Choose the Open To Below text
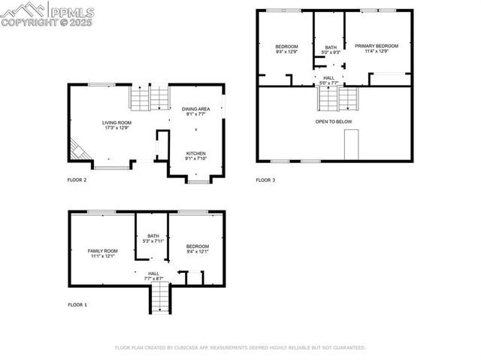pos(333,121)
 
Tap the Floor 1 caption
pos(77,304)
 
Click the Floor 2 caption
pos(77,180)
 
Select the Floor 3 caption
pos(265,180)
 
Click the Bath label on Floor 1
pos(153,237)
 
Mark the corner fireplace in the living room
pos(79,151)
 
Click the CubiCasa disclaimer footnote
pos(240,348)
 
